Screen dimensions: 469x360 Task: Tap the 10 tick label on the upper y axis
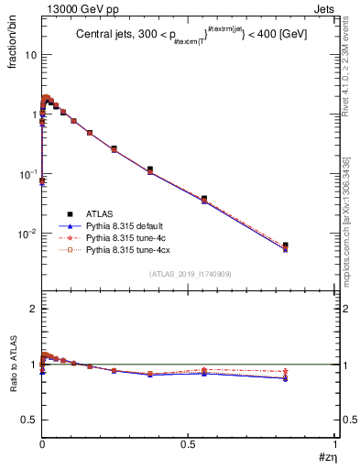coord(29,55)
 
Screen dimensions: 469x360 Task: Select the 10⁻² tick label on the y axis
coord(27,233)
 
